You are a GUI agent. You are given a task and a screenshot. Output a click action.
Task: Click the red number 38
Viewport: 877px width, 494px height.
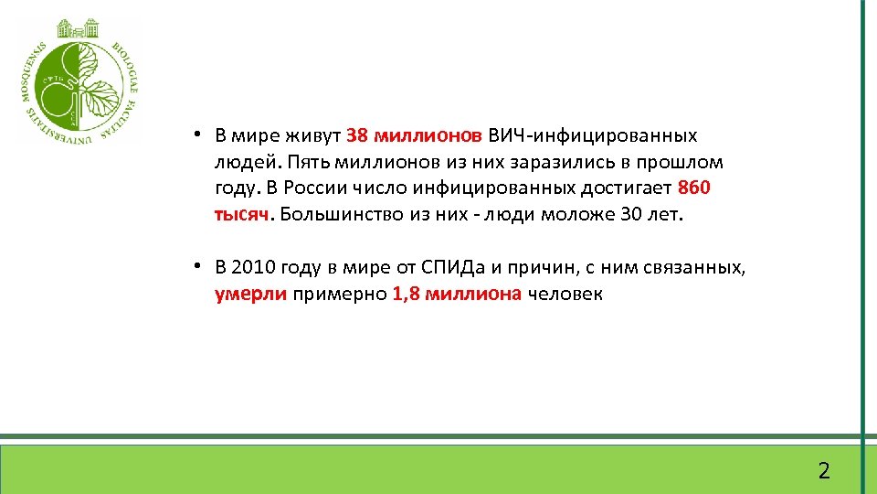[x=357, y=136]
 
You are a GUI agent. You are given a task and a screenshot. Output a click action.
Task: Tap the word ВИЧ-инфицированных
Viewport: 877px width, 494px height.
[x=593, y=136]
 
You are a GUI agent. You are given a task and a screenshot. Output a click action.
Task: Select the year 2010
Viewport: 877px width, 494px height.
[x=252, y=268]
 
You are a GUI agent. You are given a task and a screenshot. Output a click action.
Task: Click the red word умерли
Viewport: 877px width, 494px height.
[x=251, y=295]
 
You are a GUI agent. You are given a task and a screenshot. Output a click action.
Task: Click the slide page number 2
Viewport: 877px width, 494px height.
[x=824, y=471]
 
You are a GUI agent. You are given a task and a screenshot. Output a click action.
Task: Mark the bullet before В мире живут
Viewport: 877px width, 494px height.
[x=196, y=135]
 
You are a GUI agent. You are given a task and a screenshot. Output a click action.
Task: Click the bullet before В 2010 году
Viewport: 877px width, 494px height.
[x=196, y=267]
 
